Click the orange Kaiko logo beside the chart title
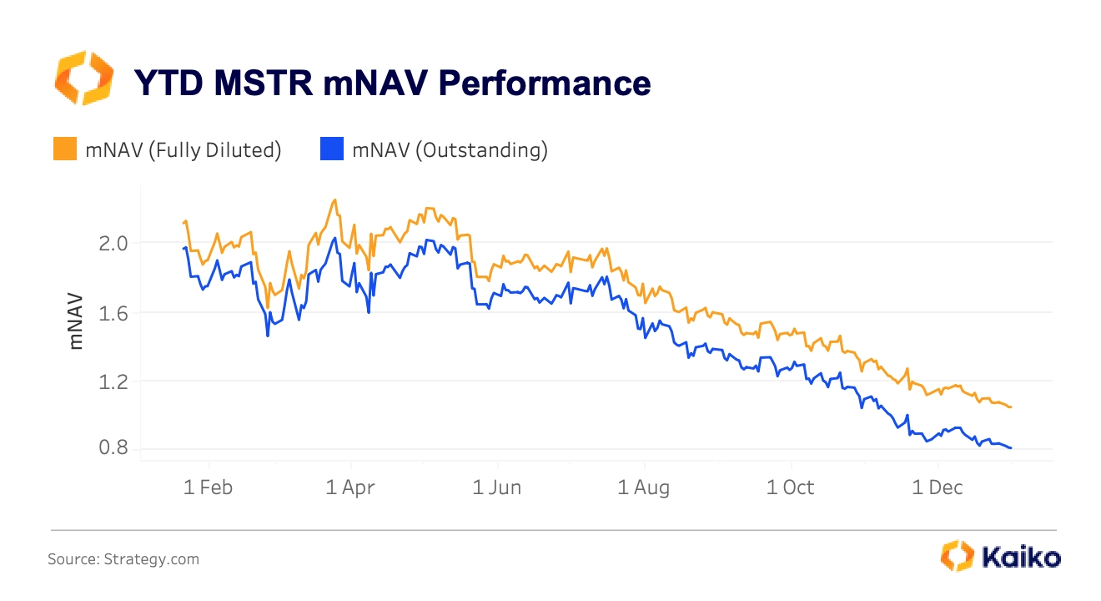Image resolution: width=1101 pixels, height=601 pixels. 83,78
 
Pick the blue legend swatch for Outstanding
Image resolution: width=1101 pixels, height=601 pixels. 332,149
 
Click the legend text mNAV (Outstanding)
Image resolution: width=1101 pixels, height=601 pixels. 450,150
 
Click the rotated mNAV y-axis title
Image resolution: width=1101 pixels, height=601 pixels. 77,321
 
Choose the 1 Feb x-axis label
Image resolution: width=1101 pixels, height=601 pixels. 208,487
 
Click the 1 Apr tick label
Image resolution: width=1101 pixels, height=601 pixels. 351,487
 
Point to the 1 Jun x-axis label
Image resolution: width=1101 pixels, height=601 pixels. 497,487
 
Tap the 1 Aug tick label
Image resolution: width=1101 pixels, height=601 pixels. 644,487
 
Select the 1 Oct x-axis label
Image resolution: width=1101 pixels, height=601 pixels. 791,487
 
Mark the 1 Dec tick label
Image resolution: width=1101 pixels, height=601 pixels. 938,487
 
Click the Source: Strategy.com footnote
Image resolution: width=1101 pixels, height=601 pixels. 123,559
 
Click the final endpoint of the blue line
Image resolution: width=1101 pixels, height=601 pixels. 1011,448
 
